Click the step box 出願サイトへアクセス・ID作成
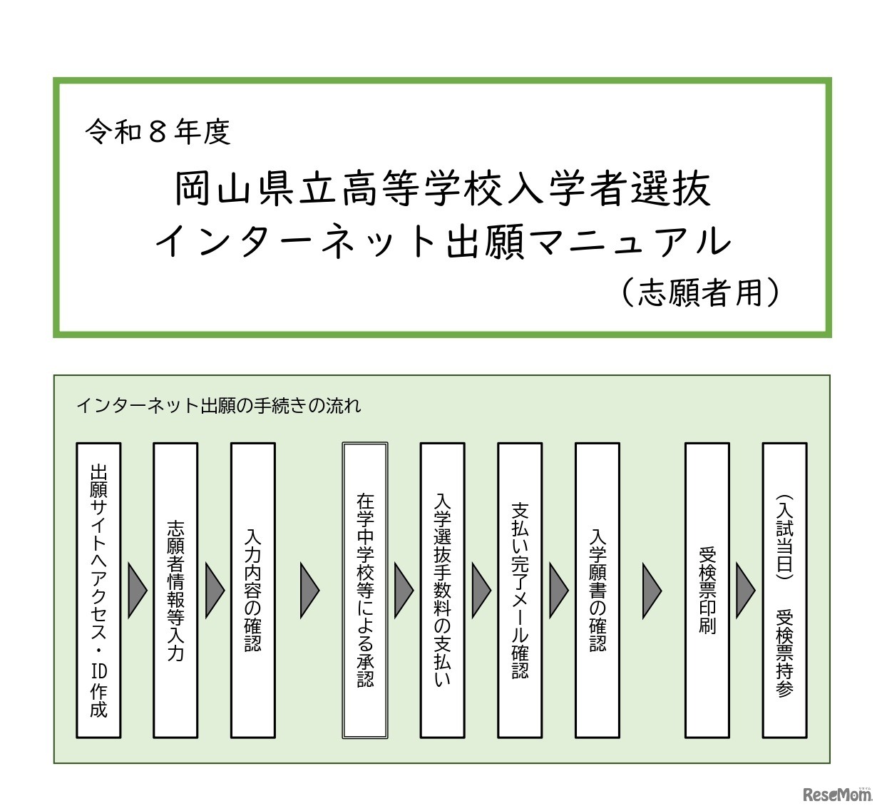pos(98,590)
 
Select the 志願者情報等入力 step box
pos(175,590)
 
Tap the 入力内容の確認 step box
pos(253,590)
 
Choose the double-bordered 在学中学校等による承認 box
pos(365,590)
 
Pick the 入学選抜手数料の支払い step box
pos(442,590)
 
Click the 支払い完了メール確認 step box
pos(520,590)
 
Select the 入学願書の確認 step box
pos(597,590)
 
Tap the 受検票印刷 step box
pos(707,590)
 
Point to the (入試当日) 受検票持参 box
pos(784,590)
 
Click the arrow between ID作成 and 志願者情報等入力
pos(137,590)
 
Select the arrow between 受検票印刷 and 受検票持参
pos(745,590)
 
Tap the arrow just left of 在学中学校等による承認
pos(309,590)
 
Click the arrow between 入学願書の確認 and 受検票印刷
pos(652,590)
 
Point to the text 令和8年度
pos(158,132)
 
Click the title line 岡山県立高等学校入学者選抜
pos(442,189)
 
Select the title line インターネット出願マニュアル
pos(442,241)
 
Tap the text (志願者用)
pos(700,292)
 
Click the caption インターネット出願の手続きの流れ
pos(218,406)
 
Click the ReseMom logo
pos(836,794)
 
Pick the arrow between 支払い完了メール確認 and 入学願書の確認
pos(558,590)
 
